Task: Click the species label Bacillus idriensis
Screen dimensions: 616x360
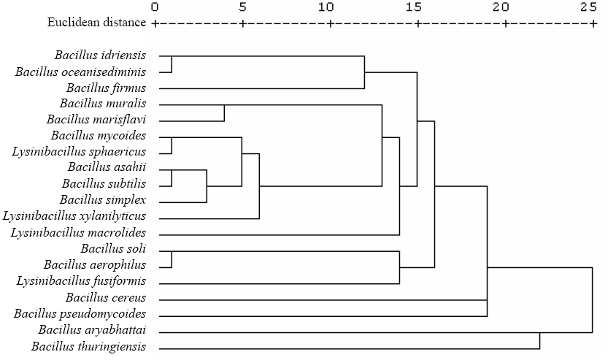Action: point(100,55)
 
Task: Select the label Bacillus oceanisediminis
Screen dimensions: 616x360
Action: point(80,72)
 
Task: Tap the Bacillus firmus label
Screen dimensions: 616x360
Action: point(106,88)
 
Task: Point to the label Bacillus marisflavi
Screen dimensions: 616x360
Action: point(96,120)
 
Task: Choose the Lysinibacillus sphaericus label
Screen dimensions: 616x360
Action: point(79,152)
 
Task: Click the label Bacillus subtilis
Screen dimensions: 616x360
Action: point(104,183)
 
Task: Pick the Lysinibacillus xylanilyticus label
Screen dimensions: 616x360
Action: point(74,215)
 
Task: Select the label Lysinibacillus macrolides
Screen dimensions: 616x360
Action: point(78,232)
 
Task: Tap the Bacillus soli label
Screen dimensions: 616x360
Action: point(113,248)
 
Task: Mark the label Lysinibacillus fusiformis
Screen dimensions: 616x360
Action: point(81,281)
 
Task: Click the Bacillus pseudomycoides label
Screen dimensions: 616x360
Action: point(80,313)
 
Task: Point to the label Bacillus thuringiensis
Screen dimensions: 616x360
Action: point(88,346)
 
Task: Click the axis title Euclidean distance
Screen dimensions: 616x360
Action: point(96,23)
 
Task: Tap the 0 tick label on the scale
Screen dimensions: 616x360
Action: point(155,7)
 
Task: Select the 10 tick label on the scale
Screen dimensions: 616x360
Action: point(326,7)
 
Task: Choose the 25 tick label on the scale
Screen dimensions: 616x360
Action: point(588,7)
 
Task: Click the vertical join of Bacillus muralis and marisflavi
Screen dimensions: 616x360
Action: point(224,113)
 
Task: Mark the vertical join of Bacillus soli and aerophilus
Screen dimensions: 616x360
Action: point(172,259)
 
